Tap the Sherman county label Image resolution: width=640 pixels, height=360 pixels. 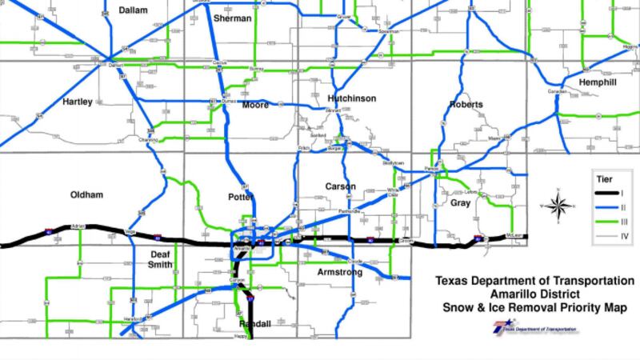(233, 18)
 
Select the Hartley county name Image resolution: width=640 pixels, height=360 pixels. (78, 102)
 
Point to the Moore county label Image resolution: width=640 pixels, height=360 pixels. (255, 106)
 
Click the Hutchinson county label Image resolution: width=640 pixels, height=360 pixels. (351, 98)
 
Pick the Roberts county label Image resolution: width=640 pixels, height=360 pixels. (466, 105)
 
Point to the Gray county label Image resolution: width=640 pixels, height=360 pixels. (460, 203)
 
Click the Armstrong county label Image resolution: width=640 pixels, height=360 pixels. (339, 272)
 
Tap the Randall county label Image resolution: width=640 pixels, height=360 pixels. (256, 323)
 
